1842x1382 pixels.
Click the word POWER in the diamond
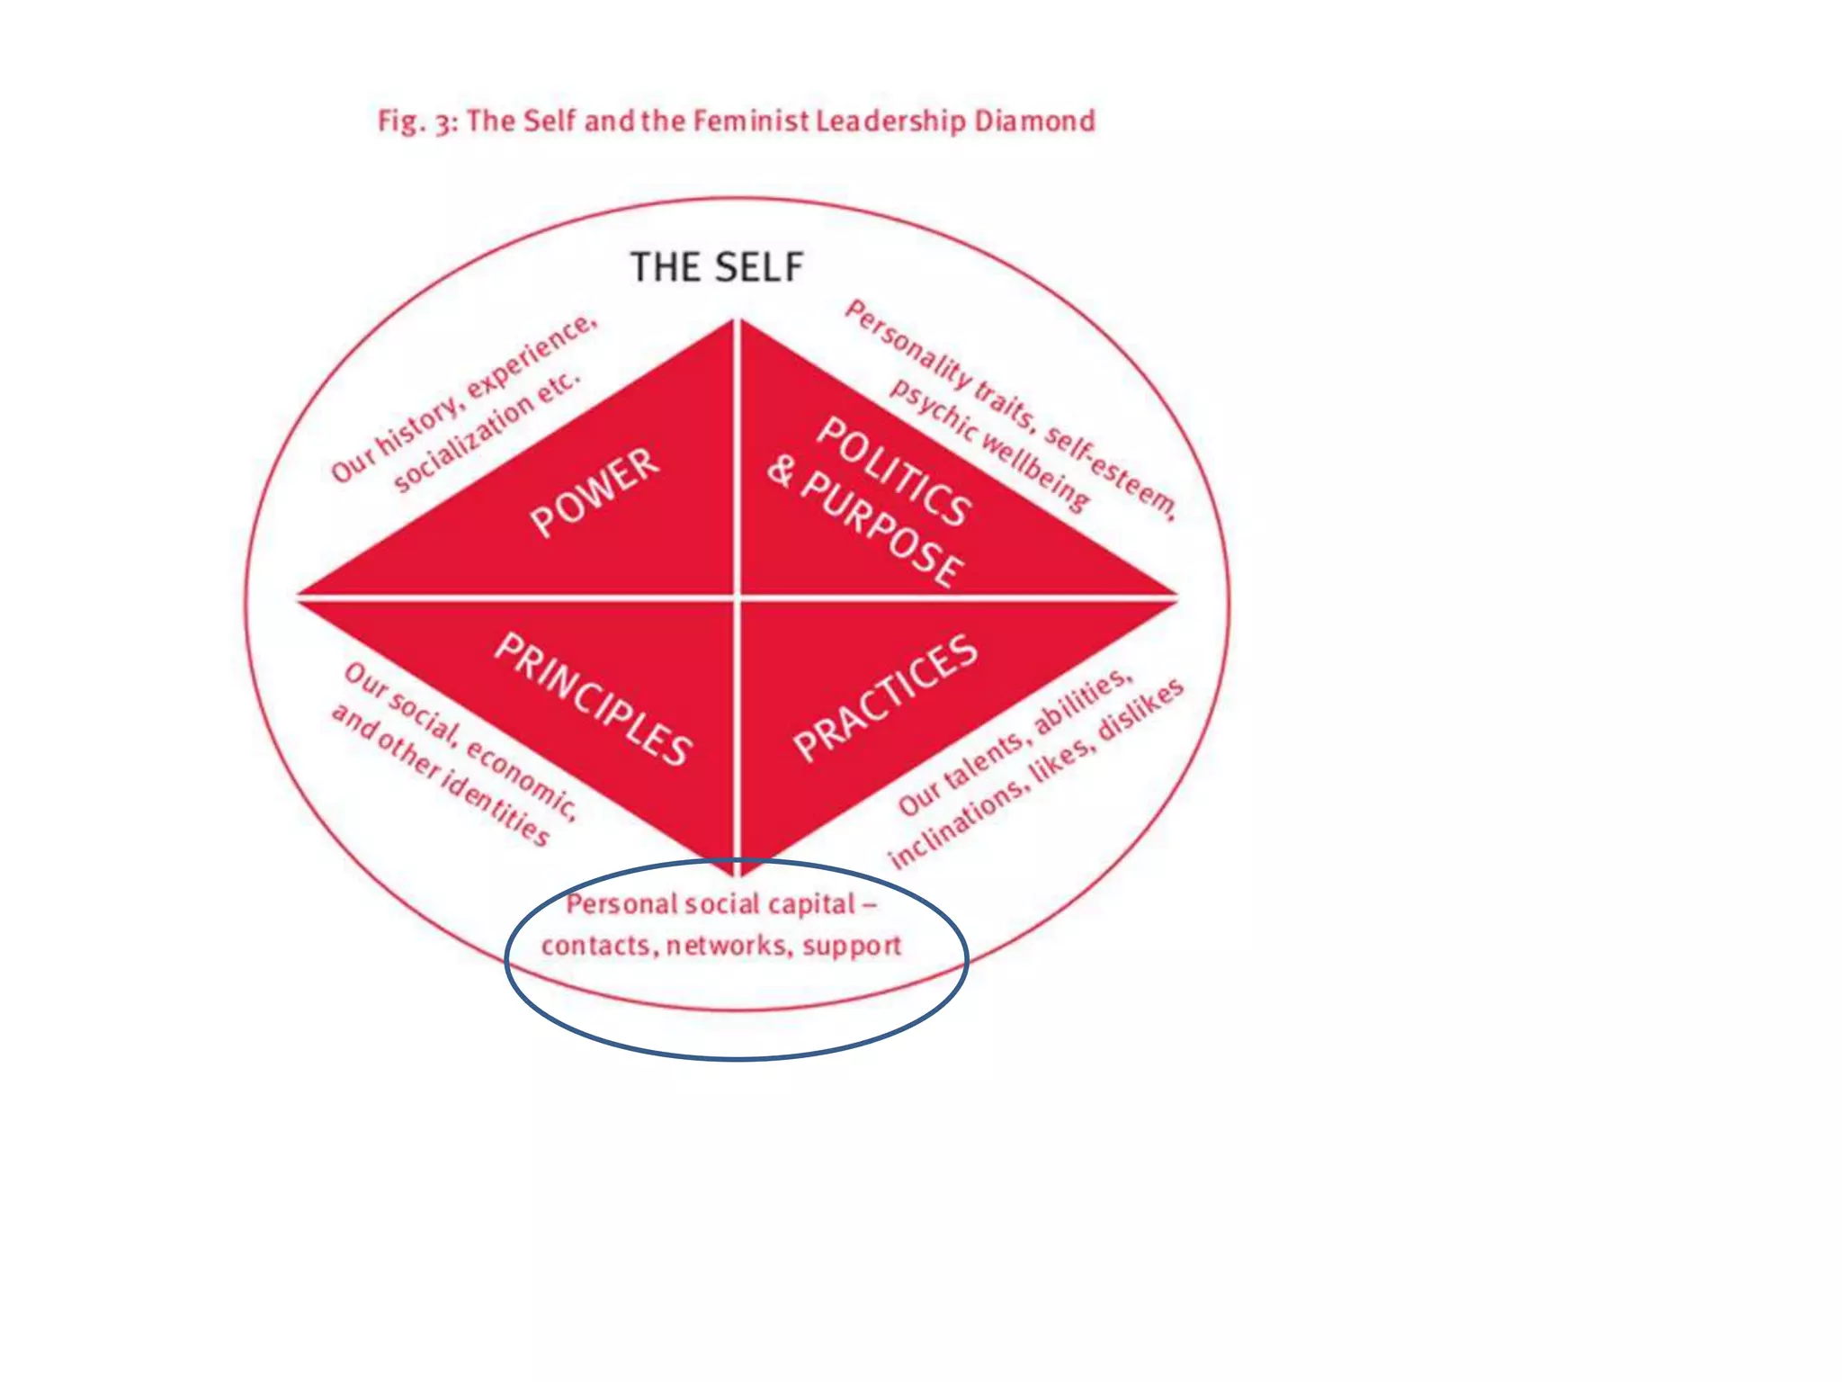(x=595, y=491)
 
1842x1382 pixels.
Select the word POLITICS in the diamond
(x=893, y=471)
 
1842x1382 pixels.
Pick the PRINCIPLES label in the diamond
(x=595, y=698)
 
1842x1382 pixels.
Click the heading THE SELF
(x=717, y=267)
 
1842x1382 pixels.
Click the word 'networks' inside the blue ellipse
(x=727, y=946)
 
